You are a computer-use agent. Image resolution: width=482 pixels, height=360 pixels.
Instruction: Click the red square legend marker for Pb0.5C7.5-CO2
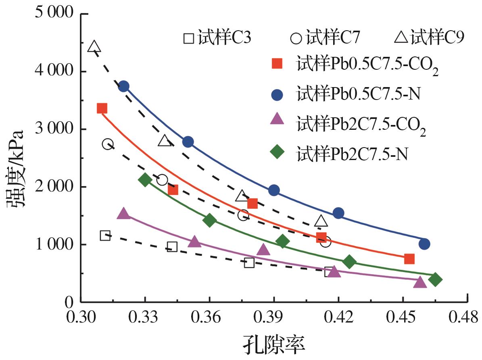click(278, 64)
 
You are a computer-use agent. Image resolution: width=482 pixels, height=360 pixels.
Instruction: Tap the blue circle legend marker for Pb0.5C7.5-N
click(278, 94)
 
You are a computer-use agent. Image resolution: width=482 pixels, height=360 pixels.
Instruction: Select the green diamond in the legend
click(278, 154)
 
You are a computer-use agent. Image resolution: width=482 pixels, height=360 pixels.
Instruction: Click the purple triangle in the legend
click(278, 123)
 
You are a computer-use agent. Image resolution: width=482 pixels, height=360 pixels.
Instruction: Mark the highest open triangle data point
click(94, 46)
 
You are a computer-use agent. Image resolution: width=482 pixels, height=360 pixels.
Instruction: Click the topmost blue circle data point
click(123, 86)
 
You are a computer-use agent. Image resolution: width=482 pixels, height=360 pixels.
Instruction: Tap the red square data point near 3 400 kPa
click(102, 108)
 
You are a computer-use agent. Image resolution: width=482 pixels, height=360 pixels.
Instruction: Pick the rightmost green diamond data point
click(435, 279)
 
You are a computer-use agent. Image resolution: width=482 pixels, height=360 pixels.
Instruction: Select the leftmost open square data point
click(105, 236)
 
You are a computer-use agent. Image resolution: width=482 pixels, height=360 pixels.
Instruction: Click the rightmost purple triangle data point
click(420, 282)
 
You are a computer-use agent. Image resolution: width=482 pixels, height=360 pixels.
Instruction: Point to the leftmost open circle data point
click(108, 144)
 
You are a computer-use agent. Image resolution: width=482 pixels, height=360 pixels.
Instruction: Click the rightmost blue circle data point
click(424, 244)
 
